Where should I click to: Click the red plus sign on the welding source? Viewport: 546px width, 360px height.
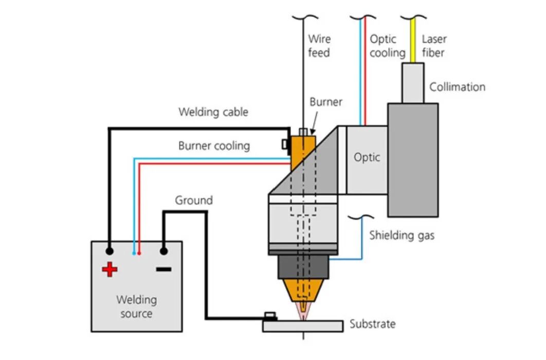(x=110, y=269)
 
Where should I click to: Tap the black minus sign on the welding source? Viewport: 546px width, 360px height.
(x=163, y=269)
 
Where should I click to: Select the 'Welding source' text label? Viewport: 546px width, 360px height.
(x=137, y=307)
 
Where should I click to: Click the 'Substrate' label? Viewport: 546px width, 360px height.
(x=373, y=324)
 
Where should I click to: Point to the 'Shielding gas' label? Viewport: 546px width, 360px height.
(x=402, y=236)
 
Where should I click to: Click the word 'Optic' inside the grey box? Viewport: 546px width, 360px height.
(x=367, y=157)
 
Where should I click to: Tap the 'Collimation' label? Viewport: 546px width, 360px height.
(x=457, y=87)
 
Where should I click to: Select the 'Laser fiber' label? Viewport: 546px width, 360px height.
(x=434, y=46)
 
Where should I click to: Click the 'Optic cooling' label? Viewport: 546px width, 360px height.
(x=388, y=46)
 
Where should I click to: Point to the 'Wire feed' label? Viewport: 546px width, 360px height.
(x=319, y=46)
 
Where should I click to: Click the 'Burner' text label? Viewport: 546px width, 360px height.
(x=326, y=102)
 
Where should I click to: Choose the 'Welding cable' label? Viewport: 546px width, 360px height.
(x=213, y=112)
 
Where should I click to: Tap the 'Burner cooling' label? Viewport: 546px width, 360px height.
(x=214, y=146)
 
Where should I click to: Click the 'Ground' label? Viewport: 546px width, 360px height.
(x=194, y=200)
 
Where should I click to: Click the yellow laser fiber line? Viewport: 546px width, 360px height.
(x=413, y=40)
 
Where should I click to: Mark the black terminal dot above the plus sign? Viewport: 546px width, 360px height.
(x=110, y=251)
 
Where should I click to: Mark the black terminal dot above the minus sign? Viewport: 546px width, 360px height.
(x=163, y=251)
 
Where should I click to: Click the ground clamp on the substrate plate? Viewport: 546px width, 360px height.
(x=270, y=316)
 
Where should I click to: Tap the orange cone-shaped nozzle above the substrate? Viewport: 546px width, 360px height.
(x=303, y=291)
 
